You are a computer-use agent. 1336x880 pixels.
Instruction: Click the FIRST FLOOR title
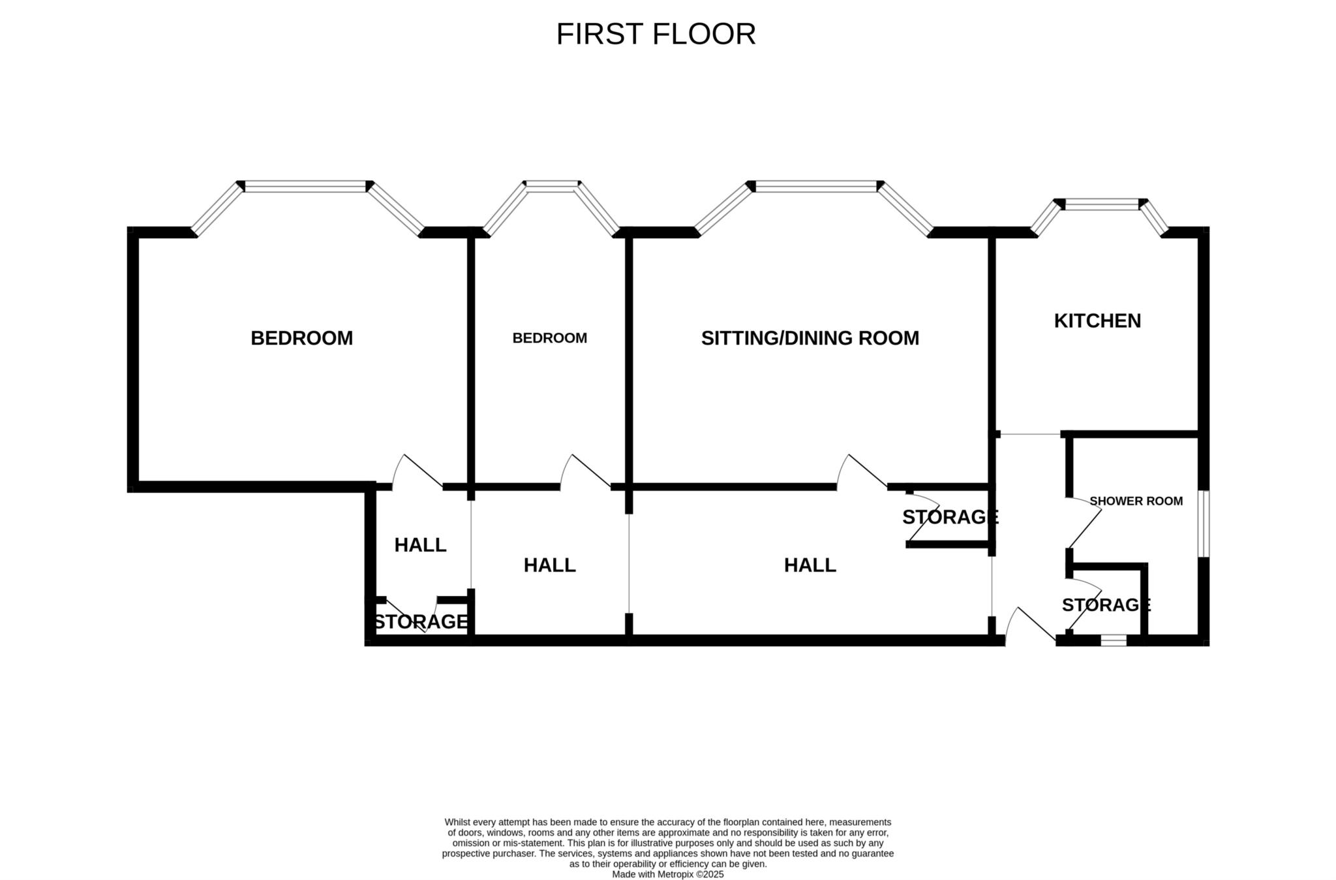[x=656, y=34]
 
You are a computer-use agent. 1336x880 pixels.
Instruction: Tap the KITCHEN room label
[x=1097, y=321]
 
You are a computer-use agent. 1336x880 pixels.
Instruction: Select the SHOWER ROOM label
[x=1136, y=501]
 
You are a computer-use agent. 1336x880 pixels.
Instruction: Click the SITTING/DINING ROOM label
[x=810, y=338]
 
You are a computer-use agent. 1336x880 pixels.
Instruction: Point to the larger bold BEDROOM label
[x=301, y=338]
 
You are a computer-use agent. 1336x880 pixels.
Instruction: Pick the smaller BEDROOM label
[x=549, y=338]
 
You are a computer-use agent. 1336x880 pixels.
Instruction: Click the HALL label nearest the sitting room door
[x=810, y=565]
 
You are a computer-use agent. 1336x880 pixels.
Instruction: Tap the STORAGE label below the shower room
[x=1106, y=605]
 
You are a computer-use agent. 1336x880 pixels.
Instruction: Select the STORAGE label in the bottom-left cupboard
[x=421, y=621]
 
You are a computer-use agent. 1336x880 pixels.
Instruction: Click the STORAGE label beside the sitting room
[x=950, y=516]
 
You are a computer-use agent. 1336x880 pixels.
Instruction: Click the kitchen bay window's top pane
[x=1101, y=204]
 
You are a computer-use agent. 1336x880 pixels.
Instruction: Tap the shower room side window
[x=1206, y=524]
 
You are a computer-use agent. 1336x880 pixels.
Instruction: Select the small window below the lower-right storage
[x=1113, y=640]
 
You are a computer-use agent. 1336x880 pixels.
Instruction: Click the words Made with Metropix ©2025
[x=667, y=874]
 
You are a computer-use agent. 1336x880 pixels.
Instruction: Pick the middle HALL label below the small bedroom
[x=549, y=565]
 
